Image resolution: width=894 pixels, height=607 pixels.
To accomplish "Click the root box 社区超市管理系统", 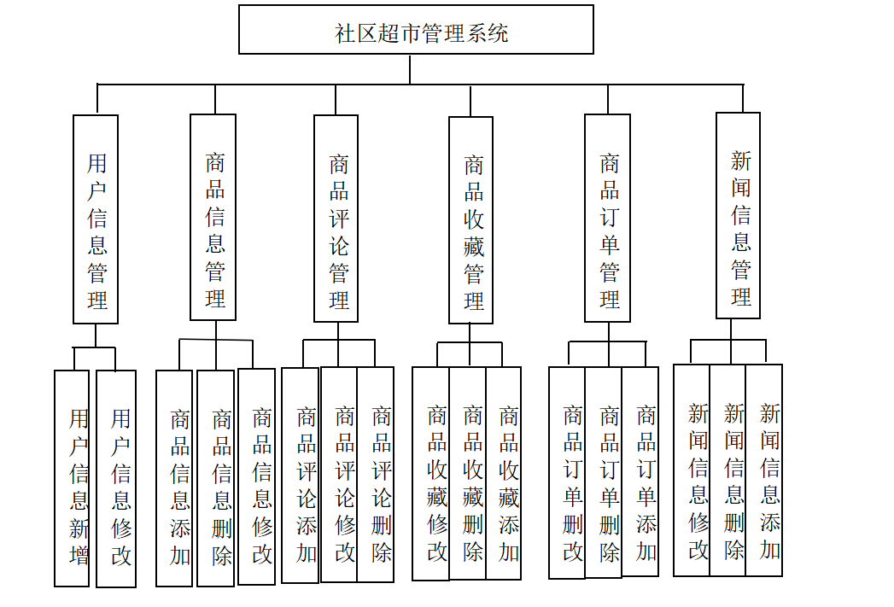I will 416,30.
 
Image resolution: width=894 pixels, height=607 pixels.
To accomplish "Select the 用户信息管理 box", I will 96,219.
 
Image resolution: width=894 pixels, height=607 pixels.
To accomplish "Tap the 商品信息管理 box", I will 213,218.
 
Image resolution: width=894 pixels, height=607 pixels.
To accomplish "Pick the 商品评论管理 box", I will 336,219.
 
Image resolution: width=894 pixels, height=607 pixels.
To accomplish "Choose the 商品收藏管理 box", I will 470,220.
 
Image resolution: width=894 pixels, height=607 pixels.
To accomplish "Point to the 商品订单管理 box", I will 607,219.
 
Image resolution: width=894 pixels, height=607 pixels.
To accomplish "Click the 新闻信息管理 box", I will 738,215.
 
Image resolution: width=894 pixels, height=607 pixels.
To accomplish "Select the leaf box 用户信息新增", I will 72,478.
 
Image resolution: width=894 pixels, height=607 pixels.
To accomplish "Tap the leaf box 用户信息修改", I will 116,478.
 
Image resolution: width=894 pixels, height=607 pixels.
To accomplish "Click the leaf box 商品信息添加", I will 174,478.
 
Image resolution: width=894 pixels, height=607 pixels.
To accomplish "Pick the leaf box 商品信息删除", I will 216,478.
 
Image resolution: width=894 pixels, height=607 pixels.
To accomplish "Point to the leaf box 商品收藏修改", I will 431,474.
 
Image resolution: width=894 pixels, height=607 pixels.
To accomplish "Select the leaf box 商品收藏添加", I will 504,474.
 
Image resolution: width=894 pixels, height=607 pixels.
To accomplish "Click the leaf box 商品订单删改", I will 567,472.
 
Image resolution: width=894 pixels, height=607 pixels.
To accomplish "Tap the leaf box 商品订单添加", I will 640,472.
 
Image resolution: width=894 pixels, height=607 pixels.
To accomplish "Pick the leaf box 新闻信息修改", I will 692,470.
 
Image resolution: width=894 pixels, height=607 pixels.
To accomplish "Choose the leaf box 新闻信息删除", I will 727,470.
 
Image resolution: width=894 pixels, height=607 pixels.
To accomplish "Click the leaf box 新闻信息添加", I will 764,470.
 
